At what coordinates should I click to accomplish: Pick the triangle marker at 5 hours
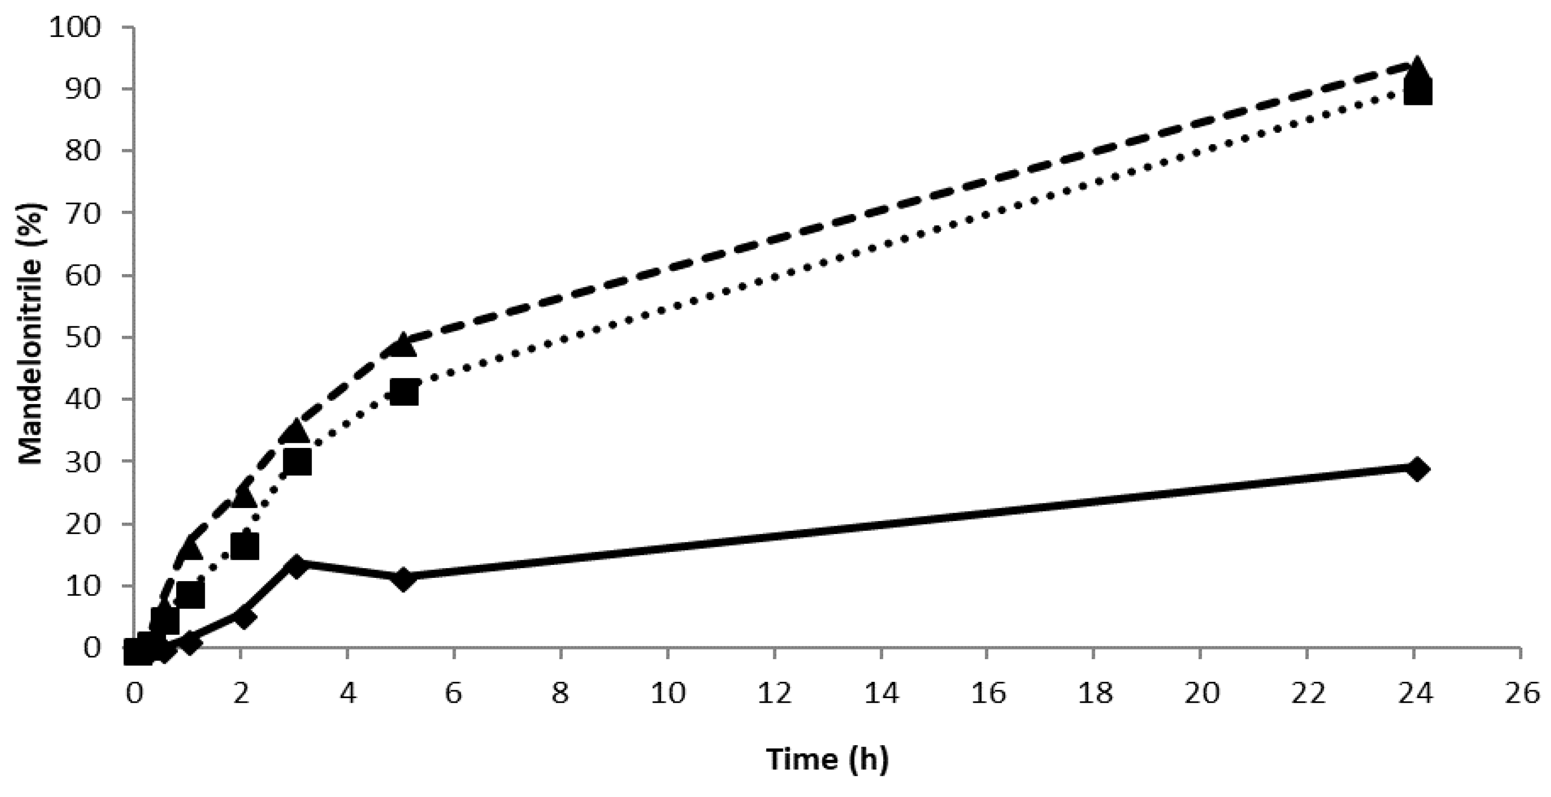click(403, 345)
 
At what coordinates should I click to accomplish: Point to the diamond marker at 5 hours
click(403, 579)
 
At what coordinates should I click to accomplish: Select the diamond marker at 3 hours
click(296, 566)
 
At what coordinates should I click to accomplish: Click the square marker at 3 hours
click(297, 463)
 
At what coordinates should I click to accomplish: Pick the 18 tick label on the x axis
click(1094, 694)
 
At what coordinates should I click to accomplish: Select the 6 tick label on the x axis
click(453, 694)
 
